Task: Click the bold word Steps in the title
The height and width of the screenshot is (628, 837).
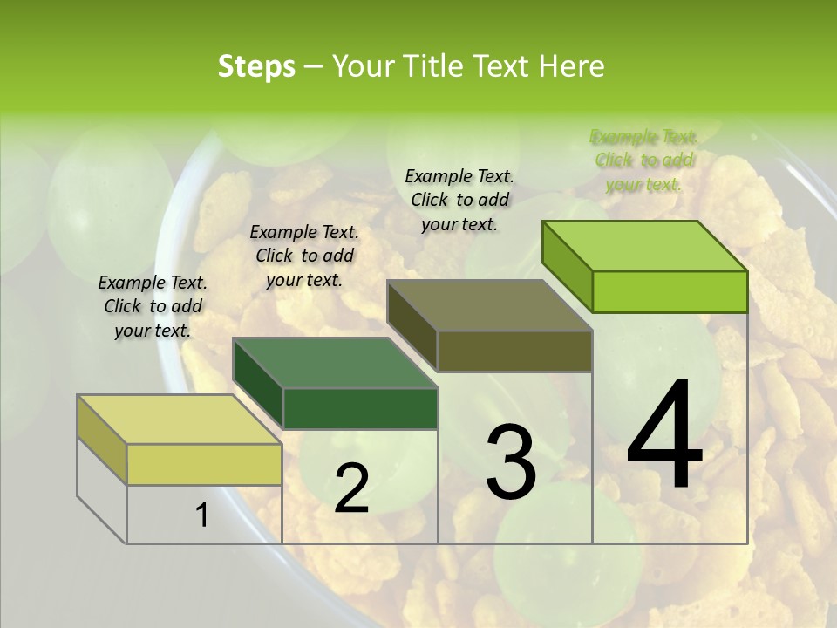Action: (255, 66)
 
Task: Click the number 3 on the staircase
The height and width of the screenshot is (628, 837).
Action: (511, 461)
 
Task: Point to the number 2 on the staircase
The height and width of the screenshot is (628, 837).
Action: (351, 488)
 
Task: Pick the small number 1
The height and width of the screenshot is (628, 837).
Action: (201, 515)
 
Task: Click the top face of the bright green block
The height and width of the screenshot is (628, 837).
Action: (645, 246)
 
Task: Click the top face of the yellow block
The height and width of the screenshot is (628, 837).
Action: (180, 420)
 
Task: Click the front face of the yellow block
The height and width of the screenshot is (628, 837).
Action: (204, 464)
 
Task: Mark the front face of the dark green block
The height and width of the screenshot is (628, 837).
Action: (360, 408)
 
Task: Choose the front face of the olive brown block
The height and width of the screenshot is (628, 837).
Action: (514, 352)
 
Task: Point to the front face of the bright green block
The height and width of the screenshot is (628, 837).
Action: (670, 291)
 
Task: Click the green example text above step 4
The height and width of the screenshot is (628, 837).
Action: (643, 160)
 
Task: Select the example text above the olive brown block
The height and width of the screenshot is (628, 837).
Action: (459, 200)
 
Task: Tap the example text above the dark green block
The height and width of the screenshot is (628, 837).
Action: (304, 256)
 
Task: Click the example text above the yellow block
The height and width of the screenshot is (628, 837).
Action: (153, 306)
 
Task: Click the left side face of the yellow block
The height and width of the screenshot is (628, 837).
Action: (102, 439)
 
